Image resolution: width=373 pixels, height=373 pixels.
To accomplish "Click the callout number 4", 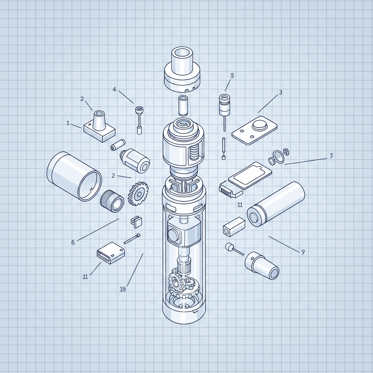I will click(x=114, y=89).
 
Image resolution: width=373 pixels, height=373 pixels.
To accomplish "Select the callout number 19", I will click(x=122, y=289).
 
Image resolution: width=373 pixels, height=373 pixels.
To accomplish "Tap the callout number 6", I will click(x=73, y=242).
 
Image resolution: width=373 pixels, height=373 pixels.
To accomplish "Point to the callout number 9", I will click(x=303, y=252).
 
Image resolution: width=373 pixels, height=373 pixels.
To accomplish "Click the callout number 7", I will click(x=331, y=156).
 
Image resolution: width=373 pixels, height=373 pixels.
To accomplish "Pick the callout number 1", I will click(x=68, y=123).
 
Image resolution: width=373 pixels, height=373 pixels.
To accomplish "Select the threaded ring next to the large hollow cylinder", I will click(x=112, y=201).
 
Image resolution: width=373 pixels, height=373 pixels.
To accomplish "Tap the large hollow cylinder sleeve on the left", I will click(x=74, y=176).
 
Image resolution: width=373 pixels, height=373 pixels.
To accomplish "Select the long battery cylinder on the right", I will click(x=276, y=204).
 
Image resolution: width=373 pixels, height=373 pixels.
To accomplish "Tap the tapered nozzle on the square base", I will click(x=99, y=120).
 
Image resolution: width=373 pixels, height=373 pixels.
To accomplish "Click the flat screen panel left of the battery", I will click(x=250, y=175).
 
